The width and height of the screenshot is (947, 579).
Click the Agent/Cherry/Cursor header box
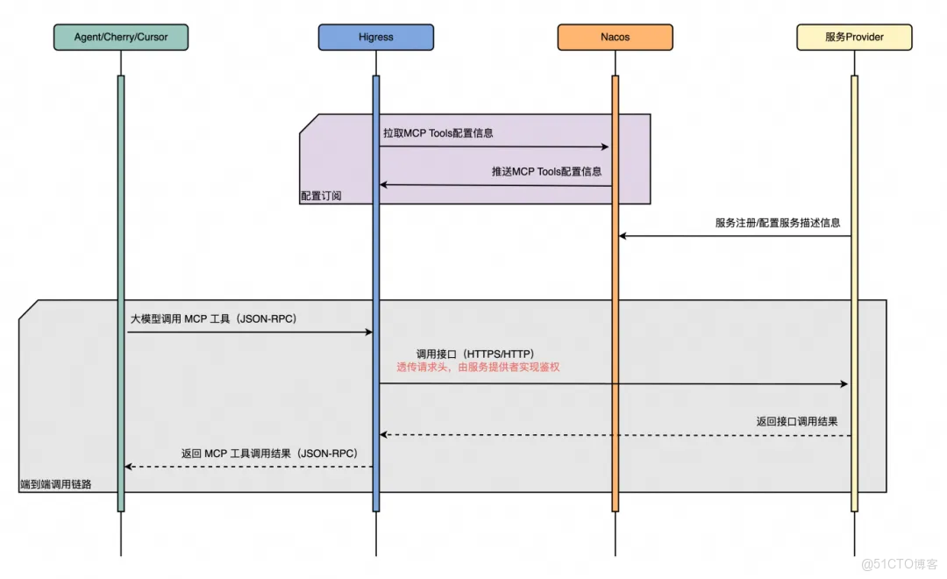(x=121, y=38)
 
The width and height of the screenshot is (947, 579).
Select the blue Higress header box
(x=375, y=38)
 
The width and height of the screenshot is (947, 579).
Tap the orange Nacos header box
(x=615, y=38)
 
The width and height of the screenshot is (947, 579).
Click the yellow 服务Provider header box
(x=854, y=38)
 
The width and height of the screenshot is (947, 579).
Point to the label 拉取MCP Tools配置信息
(x=438, y=133)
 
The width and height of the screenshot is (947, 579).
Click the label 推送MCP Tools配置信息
(x=546, y=172)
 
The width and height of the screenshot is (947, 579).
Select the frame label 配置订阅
(x=321, y=197)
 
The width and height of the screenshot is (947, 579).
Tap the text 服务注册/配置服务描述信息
(x=777, y=223)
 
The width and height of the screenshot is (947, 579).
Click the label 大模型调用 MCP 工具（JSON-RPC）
(x=214, y=319)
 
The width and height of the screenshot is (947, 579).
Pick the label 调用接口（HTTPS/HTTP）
(x=474, y=354)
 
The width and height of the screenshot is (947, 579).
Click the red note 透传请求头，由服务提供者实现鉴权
(x=478, y=368)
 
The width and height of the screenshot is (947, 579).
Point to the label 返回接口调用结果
(x=796, y=421)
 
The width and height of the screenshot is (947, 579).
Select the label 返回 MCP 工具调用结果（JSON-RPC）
(x=269, y=454)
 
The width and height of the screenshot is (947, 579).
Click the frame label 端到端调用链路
(x=57, y=484)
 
